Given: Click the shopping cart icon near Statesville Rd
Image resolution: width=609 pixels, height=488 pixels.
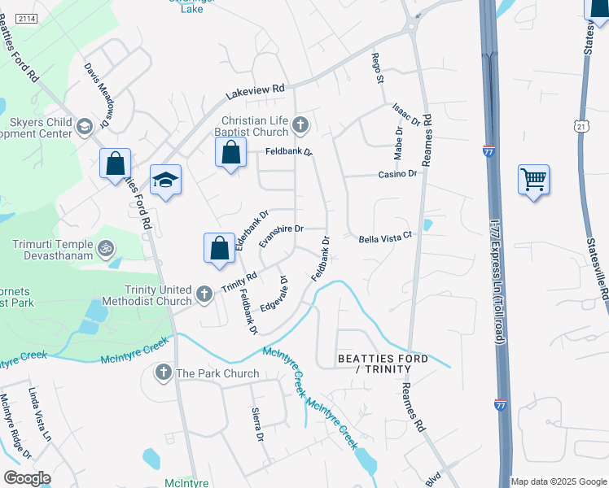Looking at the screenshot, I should [x=533, y=178].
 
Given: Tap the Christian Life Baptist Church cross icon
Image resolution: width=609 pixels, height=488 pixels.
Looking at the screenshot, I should [x=300, y=125].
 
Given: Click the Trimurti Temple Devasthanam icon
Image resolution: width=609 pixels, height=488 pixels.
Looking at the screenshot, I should [x=104, y=247].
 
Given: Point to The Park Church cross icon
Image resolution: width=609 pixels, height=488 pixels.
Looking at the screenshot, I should [x=163, y=373].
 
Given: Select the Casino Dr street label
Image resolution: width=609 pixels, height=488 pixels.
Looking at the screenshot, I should [x=397, y=174].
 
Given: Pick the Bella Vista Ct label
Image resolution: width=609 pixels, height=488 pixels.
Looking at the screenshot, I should [x=387, y=238].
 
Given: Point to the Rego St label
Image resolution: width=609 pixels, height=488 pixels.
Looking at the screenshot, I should [x=377, y=68].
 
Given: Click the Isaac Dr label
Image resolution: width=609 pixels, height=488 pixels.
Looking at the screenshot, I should [x=405, y=115].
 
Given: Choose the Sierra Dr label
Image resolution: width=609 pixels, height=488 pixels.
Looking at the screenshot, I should [x=257, y=424].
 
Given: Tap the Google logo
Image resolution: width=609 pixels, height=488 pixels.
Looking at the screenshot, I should [x=27, y=478].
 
